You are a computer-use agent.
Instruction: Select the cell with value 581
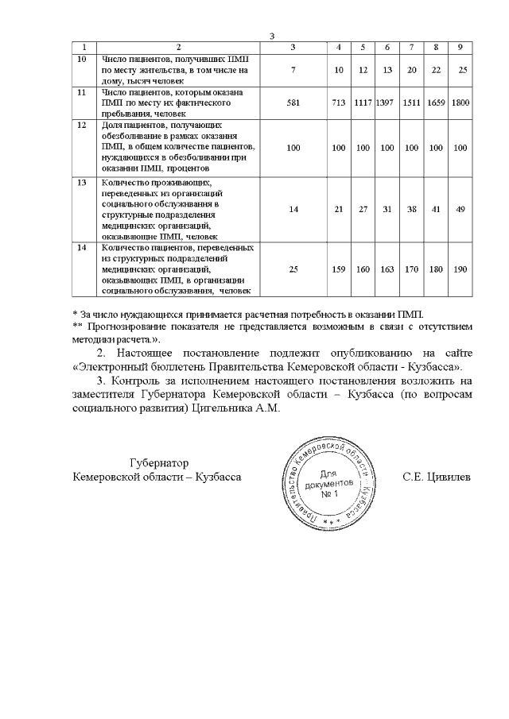293,102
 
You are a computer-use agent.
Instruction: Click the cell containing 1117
363,102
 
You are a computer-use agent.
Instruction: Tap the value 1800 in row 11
460,102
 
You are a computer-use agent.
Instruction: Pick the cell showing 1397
387,102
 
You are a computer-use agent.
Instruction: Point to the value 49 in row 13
460,210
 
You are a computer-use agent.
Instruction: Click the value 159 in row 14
339,269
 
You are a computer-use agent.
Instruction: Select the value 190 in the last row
460,269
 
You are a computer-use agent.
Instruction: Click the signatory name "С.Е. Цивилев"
437,477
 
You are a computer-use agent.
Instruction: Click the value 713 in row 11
339,102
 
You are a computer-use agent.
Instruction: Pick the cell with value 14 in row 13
293,210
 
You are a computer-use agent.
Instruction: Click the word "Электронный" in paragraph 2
107,367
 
